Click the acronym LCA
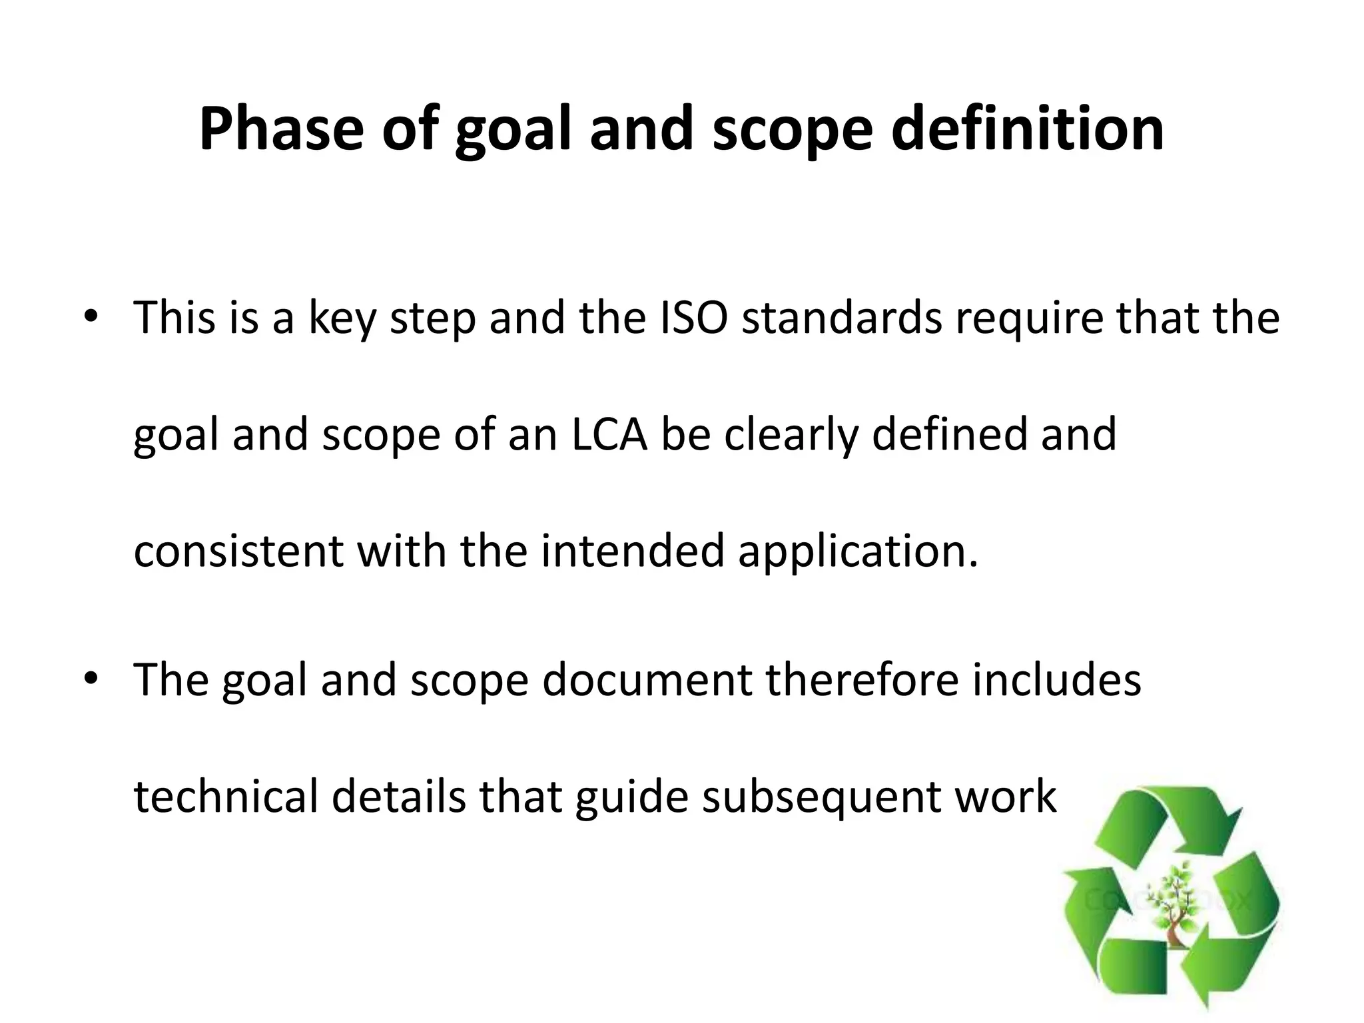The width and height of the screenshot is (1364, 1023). [x=609, y=434]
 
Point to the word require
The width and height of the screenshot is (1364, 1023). [x=1028, y=318]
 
